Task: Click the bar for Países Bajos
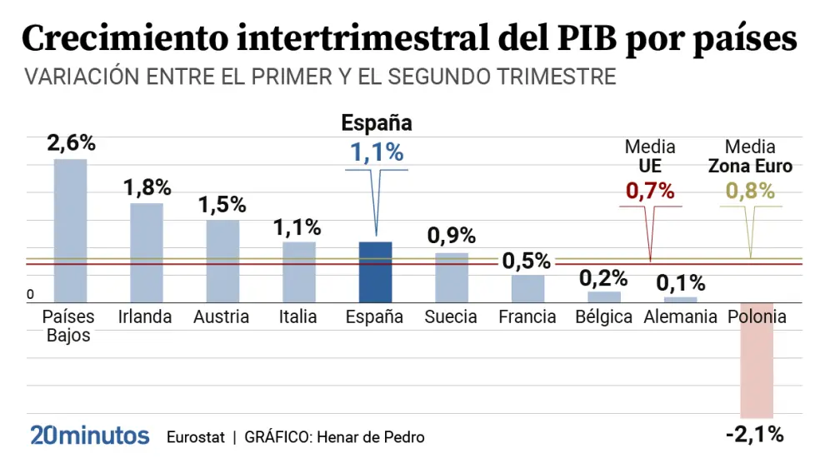(x=70, y=231)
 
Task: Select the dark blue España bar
(x=375, y=271)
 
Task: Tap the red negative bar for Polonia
(x=757, y=360)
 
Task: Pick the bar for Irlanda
(x=147, y=252)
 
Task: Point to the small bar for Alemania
(x=680, y=299)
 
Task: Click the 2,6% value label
(x=71, y=143)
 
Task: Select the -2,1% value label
(x=754, y=433)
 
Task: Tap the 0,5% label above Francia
(x=527, y=261)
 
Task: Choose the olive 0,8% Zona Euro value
(x=750, y=191)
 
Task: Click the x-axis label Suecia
(x=451, y=317)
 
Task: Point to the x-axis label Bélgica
(x=604, y=317)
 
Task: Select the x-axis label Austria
(x=221, y=317)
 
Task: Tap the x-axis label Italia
(x=298, y=317)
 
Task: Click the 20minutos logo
(x=90, y=436)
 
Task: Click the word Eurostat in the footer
(x=196, y=437)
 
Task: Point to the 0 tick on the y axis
(x=30, y=295)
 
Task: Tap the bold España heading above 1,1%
(x=377, y=124)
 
